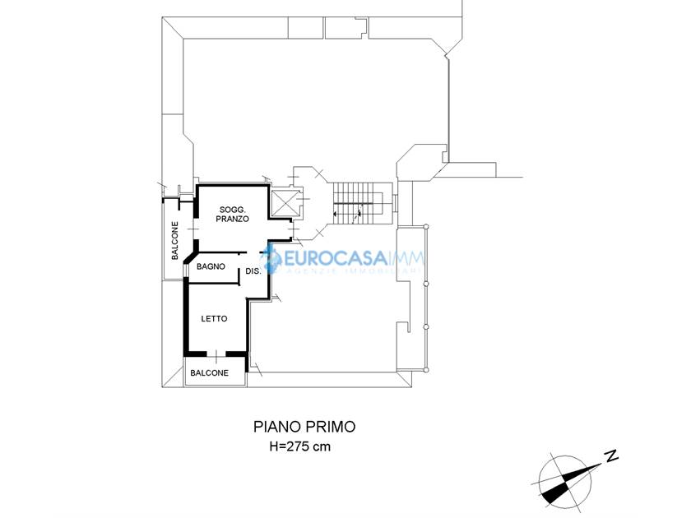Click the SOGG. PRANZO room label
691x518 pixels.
(x=232, y=214)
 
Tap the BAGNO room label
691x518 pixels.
(x=211, y=266)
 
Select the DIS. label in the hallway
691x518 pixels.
(x=253, y=271)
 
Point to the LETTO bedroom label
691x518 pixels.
(x=214, y=318)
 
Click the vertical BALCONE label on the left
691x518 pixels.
(x=175, y=240)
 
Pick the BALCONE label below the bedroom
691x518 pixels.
(x=209, y=372)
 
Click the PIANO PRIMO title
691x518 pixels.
(x=304, y=427)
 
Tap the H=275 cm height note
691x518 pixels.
(x=300, y=446)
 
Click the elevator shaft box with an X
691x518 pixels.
(x=283, y=203)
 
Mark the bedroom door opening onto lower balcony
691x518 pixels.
(x=216, y=354)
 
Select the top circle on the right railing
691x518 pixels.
(x=426, y=226)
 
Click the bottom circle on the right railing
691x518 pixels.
(x=426, y=369)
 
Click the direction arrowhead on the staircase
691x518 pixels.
(x=336, y=214)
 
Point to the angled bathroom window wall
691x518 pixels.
(x=189, y=258)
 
